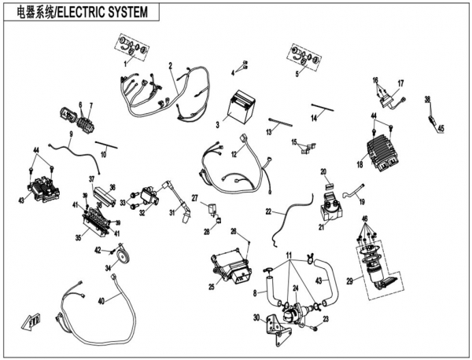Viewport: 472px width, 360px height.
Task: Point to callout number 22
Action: point(267,212)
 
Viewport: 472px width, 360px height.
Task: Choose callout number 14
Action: point(312,116)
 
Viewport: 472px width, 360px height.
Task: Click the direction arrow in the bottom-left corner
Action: point(32,321)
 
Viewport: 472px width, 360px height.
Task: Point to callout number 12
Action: point(234,154)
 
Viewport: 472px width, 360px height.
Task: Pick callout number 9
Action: point(69,134)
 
